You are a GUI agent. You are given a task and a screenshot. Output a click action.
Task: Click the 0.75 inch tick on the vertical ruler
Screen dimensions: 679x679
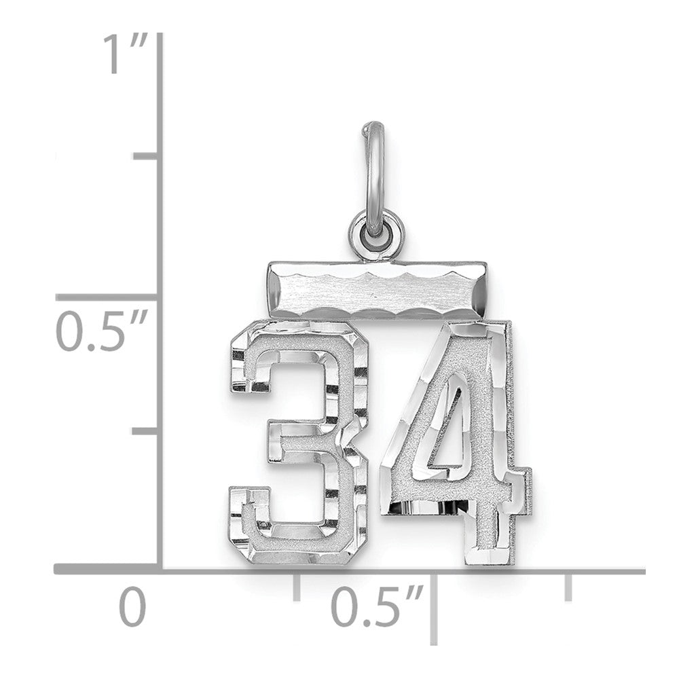pos(146,157)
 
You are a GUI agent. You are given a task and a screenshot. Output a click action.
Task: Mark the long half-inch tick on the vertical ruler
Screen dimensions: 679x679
pos(109,297)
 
